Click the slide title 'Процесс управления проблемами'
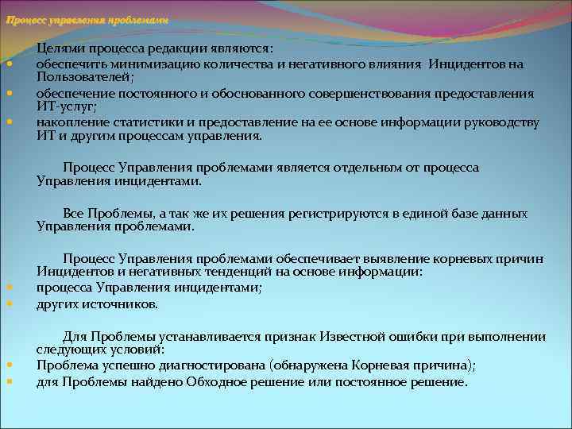click(x=87, y=20)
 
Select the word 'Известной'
click(x=359, y=336)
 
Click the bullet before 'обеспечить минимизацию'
click(x=9, y=64)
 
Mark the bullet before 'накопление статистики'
click(x=9, y=122)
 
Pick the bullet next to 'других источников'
click(x=9, y=303)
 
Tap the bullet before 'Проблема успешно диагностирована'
click(x=9, y=365)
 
